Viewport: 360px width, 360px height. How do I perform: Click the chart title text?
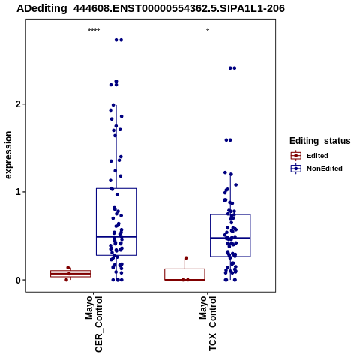151,9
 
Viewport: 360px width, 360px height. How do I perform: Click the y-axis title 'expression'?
8,155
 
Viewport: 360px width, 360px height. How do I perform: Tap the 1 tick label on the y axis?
18,192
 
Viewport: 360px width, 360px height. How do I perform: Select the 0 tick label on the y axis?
18,280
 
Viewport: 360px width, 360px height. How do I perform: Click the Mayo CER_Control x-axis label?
94,324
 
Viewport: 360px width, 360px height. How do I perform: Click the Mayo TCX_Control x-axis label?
208,323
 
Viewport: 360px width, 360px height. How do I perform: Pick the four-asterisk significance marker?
94,31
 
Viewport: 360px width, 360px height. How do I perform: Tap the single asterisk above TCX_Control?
208,31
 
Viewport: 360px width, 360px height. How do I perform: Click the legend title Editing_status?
320,141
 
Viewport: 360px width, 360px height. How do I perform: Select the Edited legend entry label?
317,156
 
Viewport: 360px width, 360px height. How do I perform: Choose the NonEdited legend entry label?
325,169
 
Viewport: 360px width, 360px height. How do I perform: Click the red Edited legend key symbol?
296,156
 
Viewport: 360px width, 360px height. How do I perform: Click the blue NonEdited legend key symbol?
296,169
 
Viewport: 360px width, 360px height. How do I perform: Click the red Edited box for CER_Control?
70,274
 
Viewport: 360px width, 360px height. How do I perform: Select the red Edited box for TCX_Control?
184,274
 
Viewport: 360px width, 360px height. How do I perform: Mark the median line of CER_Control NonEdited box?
116,236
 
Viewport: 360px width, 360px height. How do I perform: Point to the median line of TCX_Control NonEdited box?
230,238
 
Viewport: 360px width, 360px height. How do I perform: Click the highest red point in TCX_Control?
186,258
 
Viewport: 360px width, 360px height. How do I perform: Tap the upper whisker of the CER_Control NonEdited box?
116,147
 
